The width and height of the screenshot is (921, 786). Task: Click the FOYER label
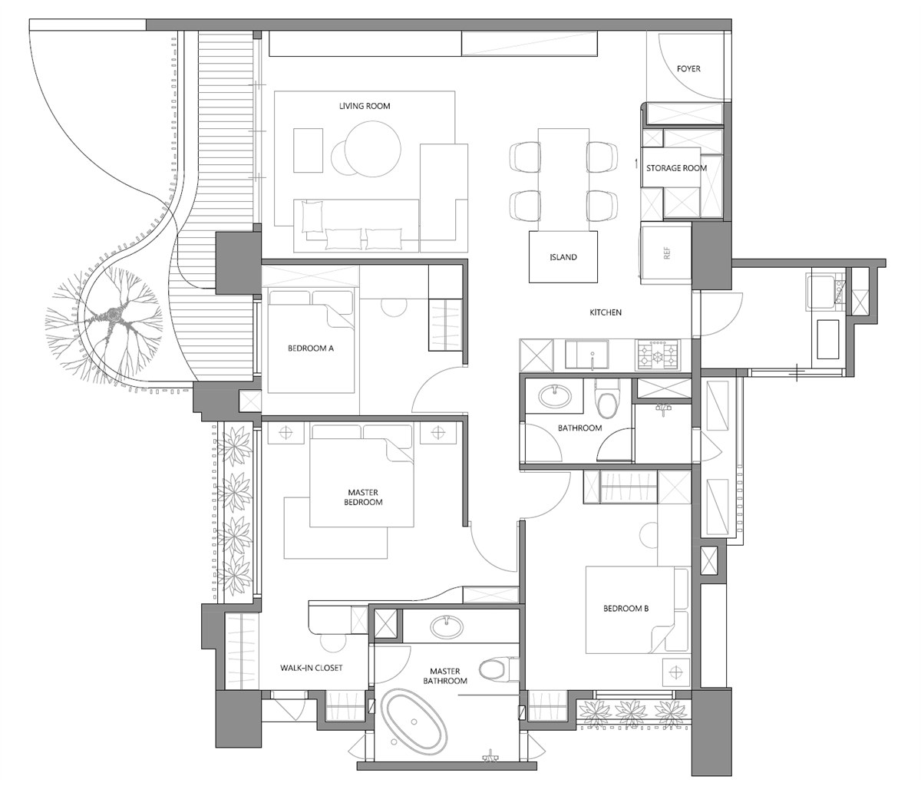click(688, 68)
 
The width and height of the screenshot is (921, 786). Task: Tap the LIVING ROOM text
click(365, 106)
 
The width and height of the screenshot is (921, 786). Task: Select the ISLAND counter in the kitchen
click(563, 256)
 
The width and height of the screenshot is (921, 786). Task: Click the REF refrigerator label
click(667, 253)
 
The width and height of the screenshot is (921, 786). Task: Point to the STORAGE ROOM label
click(676, 168)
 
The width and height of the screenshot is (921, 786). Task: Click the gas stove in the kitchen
click(658, 354)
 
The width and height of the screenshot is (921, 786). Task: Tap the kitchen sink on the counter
click(587, 355)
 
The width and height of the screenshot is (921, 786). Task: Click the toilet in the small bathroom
click(607, 399)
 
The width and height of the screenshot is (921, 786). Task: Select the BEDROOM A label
click(311, 348)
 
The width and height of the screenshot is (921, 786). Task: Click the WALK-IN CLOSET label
click(311, 668)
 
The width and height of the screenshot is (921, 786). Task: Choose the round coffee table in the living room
click(374, 148)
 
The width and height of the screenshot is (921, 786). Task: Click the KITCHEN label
click(605, 312)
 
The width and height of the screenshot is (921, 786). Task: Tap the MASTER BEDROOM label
click(363, 497)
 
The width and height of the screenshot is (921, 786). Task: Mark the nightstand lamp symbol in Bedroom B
click(676, 672)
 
